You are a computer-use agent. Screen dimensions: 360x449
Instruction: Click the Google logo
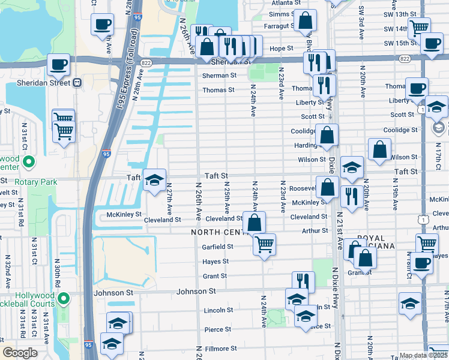20,353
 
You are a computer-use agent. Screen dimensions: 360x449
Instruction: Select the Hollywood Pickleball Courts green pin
67,298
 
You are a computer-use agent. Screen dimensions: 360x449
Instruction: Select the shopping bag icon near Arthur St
255,223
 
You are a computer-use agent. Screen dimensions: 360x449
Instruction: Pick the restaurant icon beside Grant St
304,282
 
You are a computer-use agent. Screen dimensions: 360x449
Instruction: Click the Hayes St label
215,262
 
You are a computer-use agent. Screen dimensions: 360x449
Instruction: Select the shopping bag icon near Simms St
305,21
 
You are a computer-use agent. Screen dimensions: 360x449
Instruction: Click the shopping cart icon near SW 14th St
418,28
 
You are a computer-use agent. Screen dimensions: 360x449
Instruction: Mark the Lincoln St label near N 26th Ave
218,310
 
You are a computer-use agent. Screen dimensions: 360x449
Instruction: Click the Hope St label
281,49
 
